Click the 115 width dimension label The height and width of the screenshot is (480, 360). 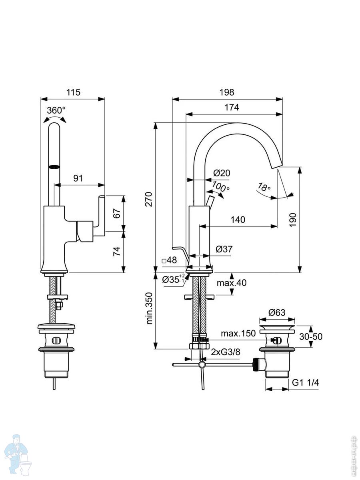[73, 92]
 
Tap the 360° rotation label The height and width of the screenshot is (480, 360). [56, 111]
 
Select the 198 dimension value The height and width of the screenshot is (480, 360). [227, 92]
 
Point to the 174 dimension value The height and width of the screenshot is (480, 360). [232, 108]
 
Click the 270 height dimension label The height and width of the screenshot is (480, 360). [148, 199]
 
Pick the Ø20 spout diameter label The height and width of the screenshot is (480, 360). [222, 173]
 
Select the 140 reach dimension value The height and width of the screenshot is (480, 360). [238, 220]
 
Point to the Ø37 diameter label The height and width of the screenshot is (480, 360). [224, 249]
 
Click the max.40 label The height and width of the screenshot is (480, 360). [232, 283]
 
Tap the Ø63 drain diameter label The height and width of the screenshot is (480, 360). [277, 312]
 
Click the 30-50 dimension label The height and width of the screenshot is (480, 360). [311, 336]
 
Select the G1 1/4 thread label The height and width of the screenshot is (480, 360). [305, 383]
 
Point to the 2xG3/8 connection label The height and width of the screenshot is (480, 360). [226, 352]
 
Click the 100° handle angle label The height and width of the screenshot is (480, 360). [221, 187]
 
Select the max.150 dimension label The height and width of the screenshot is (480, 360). [238, 334]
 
